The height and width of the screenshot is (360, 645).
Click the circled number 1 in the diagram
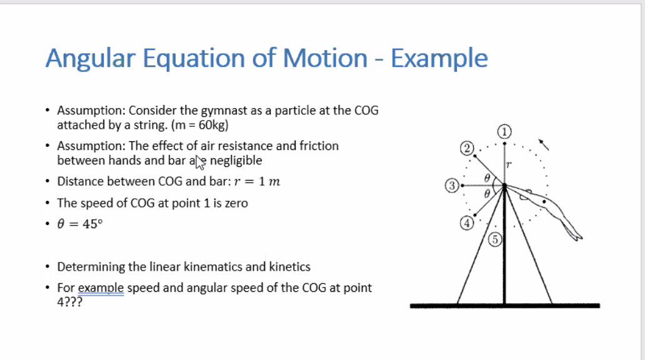(505, 131)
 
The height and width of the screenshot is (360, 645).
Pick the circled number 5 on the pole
(495, 238)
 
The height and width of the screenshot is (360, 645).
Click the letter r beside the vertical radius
(509, 165)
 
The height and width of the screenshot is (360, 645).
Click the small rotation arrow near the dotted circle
(544, 144)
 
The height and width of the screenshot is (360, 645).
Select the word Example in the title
(439, 59)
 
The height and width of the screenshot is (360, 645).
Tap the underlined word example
(101, 288)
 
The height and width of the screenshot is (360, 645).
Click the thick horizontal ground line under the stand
(505, 306)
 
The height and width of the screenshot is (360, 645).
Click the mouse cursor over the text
(200, 163)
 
